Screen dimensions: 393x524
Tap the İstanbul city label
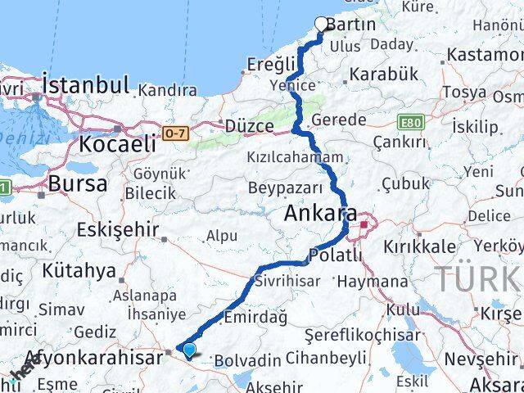pos(86,85)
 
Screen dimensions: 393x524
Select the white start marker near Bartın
pos(322,24)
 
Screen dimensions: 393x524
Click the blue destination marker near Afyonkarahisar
pos(190,350)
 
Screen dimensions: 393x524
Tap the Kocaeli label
pos(118,144)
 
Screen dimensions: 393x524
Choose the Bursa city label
pos(78,183)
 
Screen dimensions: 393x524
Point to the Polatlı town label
pos(336,256)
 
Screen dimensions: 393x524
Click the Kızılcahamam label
pos(295,156)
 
